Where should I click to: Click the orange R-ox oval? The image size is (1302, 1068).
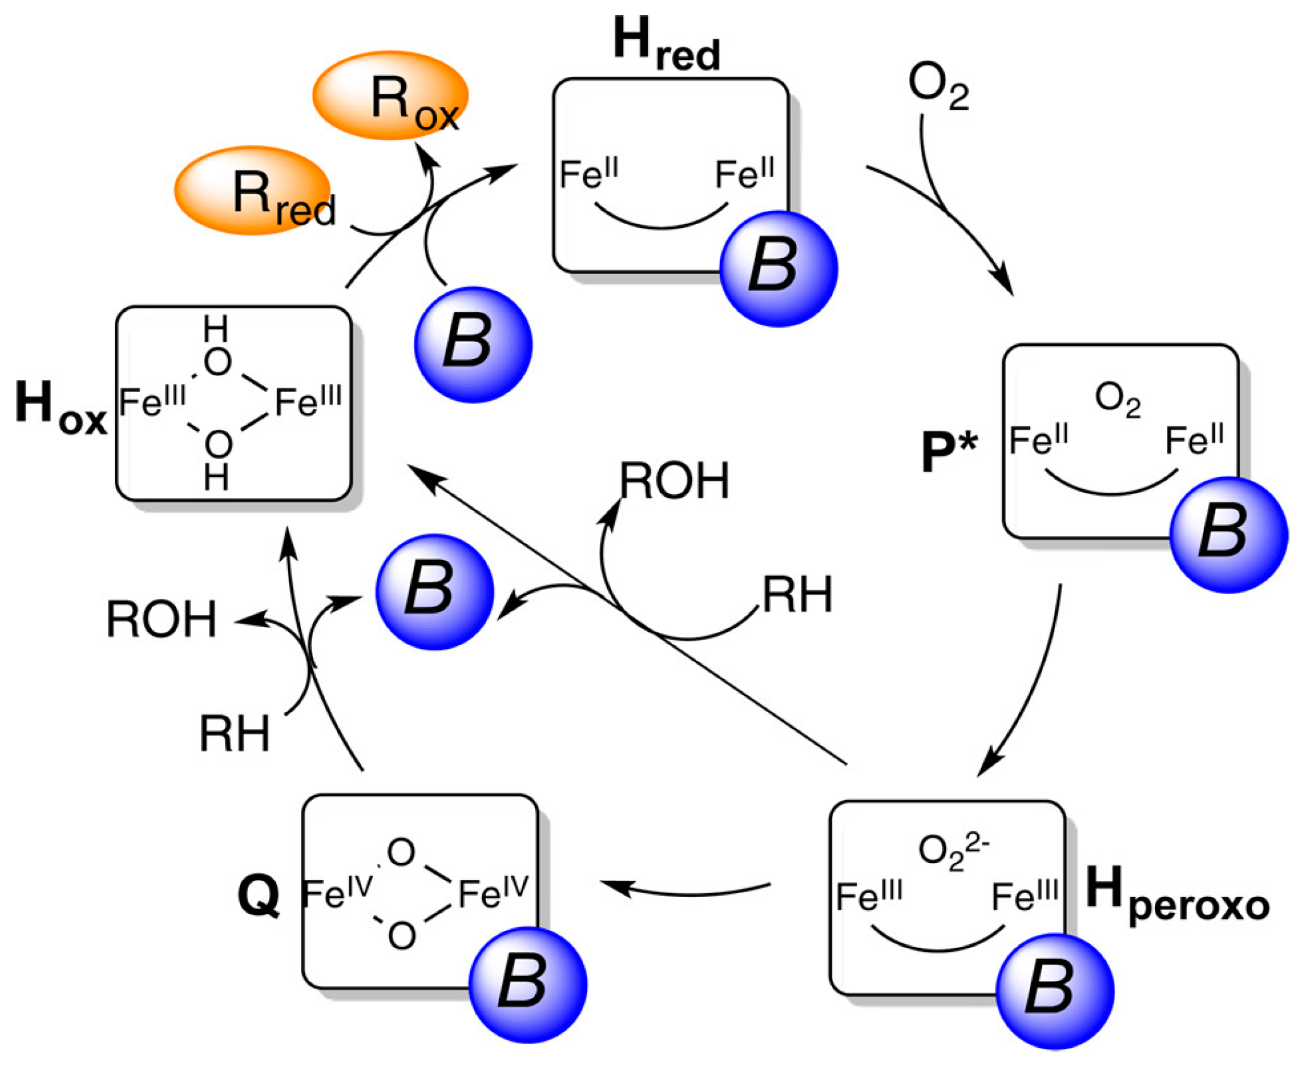(x=390, y=95)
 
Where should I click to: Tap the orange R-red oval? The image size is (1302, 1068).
(x=252, y=191)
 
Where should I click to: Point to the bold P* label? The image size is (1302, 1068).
(x=949, y=452)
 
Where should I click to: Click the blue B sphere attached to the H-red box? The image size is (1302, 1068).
(x=778, y=268)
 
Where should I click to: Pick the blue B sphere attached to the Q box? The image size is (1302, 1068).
(x=528, y=984)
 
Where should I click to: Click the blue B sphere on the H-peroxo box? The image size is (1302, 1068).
(x=1055, y=990)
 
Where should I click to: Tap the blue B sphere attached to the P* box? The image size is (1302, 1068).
(x=1228, y=534)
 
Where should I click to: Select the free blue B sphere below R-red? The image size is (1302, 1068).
(x=473, y=344)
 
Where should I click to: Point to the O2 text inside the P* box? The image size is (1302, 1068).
(x=1117, y=400)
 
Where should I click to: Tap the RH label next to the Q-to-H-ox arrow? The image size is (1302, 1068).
(x=234, y=734)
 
